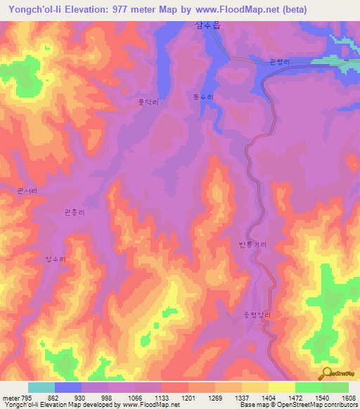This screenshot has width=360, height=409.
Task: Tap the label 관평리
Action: coord(280,61)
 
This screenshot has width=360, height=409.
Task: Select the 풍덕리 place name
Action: coord(148,103)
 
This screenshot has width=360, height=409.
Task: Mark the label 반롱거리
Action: coord(252,245)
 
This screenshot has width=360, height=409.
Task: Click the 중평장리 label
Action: coord(256,316)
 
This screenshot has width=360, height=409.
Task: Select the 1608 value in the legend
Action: coord(347,397)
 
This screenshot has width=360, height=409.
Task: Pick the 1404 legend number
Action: coord(268,397)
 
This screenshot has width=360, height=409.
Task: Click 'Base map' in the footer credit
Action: coord(252,405)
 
